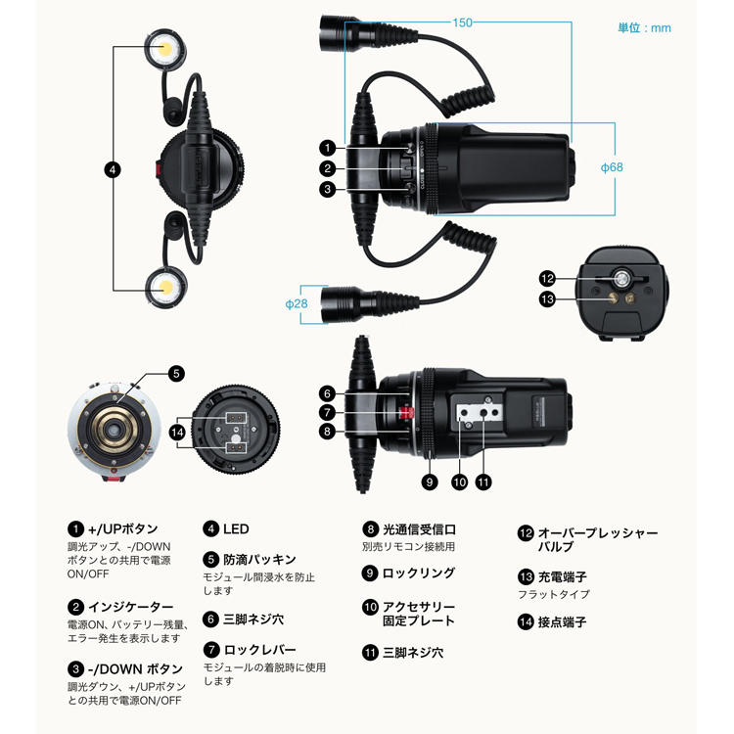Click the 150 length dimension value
462,23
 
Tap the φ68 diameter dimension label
612,167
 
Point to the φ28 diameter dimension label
297,303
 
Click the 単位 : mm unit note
644,28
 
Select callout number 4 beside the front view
113,170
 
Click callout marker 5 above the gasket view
176,374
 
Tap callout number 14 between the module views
177,432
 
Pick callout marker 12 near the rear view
547,279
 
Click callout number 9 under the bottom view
430,482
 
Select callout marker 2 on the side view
328,168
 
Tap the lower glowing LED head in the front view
165,286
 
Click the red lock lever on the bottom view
406,412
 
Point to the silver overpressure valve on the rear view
621,279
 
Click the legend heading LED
236,528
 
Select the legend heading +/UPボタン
123,528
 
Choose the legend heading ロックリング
419,573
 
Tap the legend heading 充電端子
562,576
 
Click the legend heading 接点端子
562,621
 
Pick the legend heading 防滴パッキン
259,560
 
